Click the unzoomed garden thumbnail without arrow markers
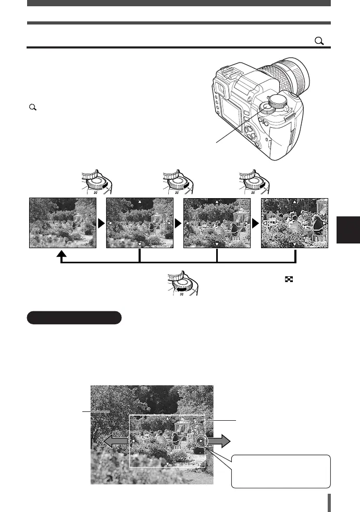coord(62,223)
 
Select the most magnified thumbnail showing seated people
coord(294,223)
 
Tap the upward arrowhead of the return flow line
coord(61,255)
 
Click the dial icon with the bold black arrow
coord(180,285)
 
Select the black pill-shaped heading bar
coord(74,318)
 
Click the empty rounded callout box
coord(281,471)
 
